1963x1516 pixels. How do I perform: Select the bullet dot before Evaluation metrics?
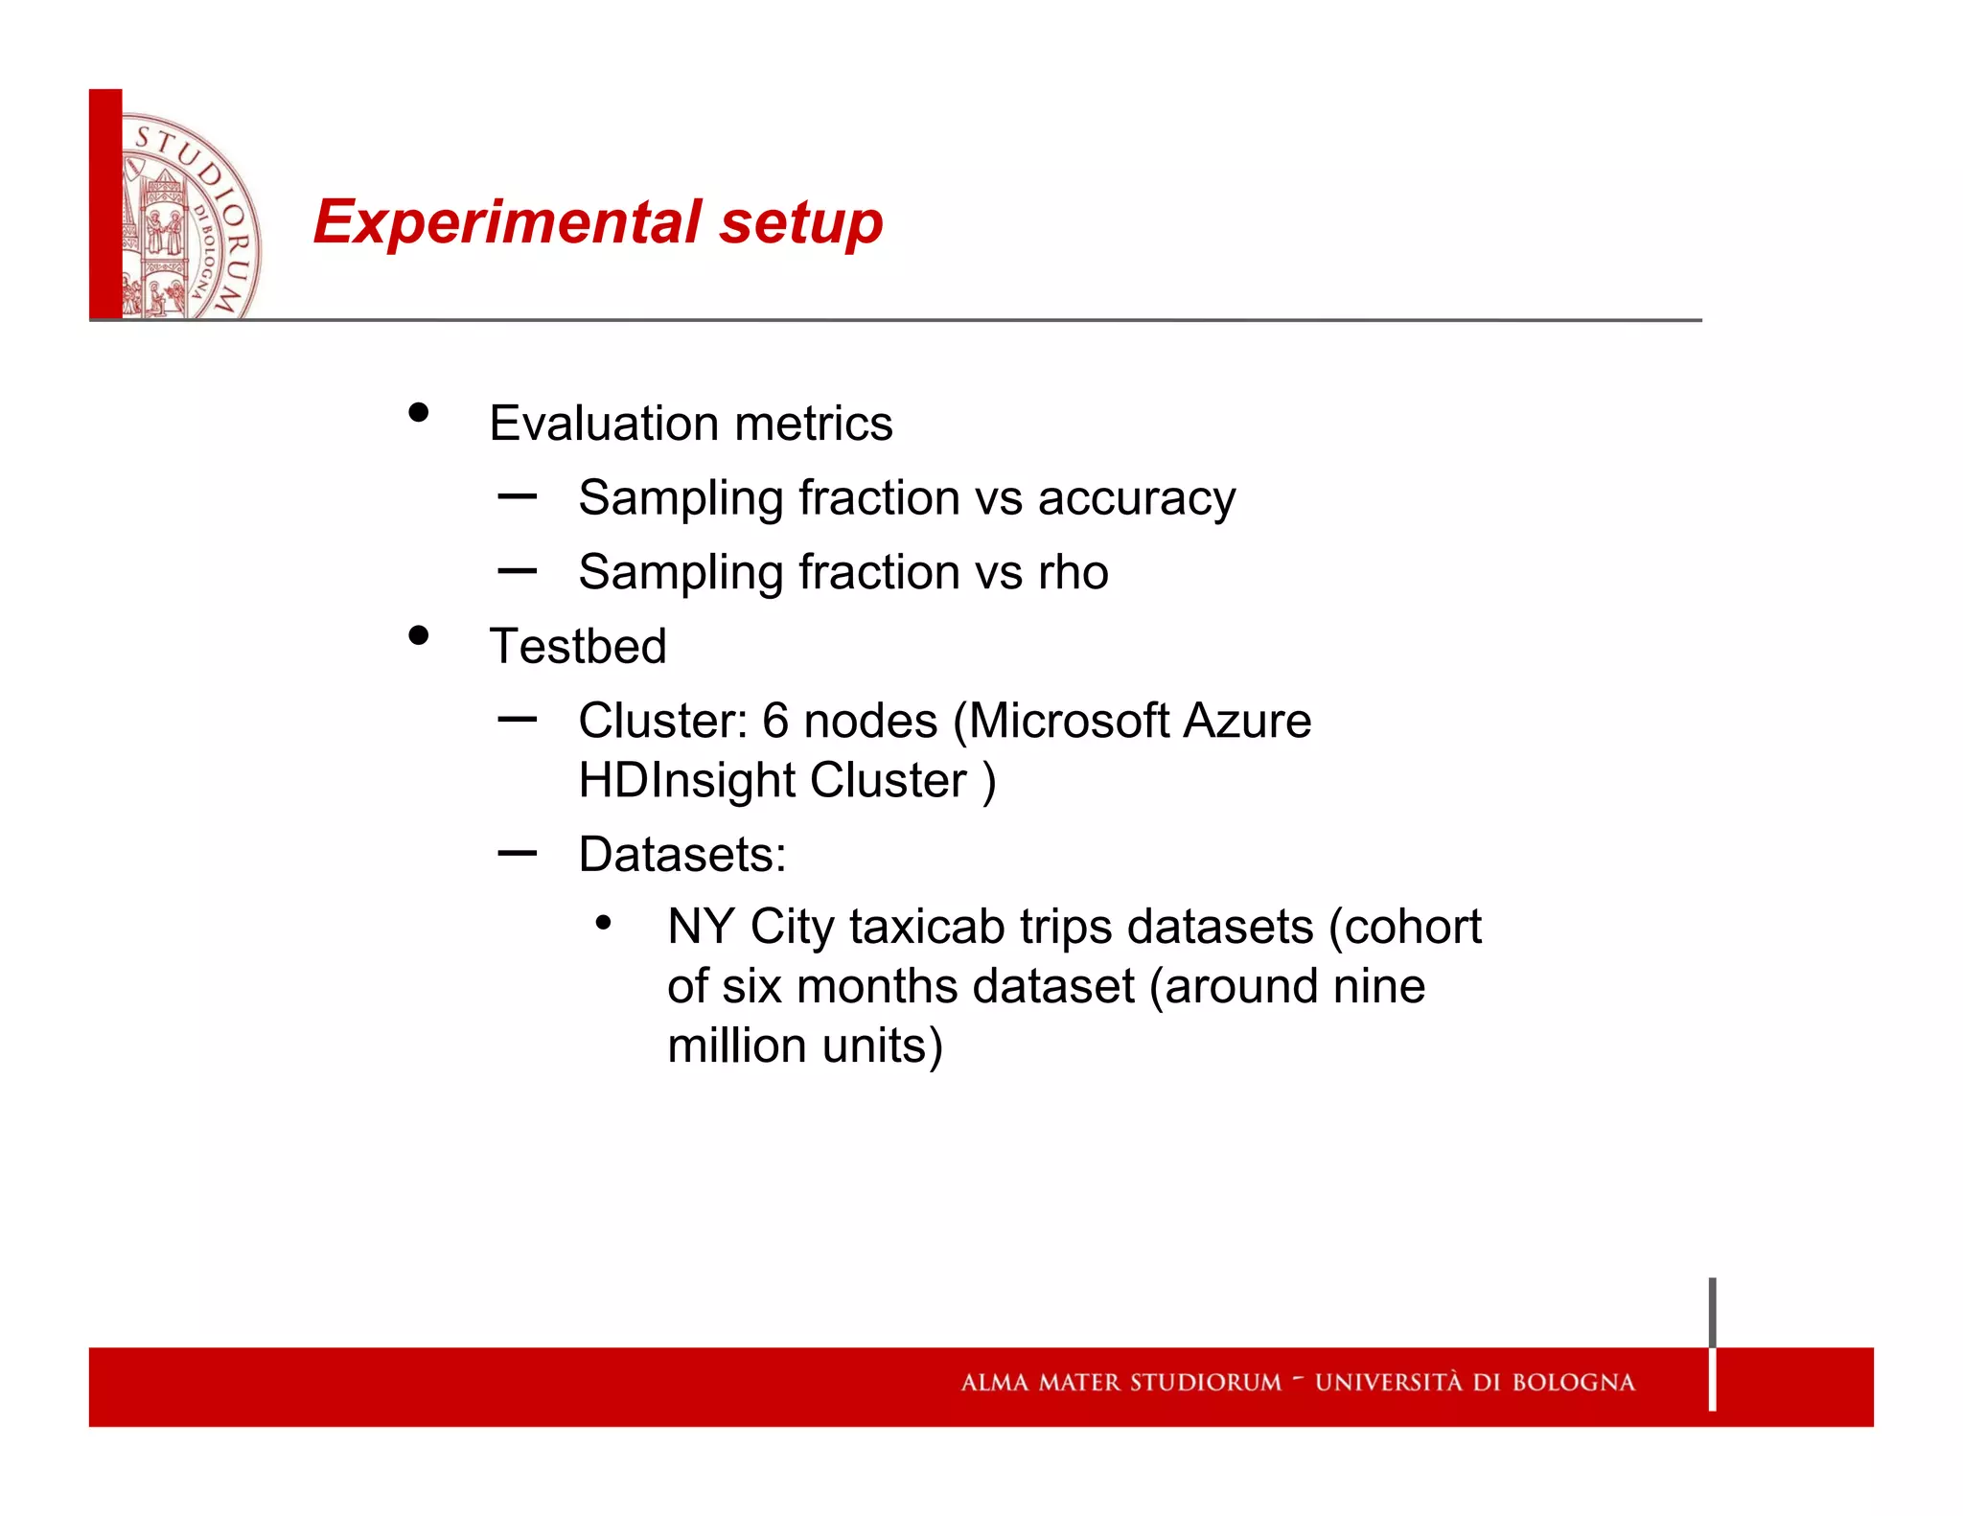[x=418, y=413]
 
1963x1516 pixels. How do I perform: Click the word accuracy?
[x=1137, y=499]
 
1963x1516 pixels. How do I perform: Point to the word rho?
[x=1074, y=572]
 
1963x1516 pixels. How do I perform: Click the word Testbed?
[x=578, y=646]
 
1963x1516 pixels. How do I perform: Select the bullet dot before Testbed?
[x=418, y=635]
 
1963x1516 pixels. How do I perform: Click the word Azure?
[x=1247, y=721]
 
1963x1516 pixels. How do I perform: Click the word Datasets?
[x=682, y=854]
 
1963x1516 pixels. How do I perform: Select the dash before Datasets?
[x=518, y=852]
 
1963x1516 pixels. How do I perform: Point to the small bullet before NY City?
[x=603, y=924]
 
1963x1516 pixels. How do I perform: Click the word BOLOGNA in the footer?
[x=1574, y=1383]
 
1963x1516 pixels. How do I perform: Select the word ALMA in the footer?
[x=994, y=1383]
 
